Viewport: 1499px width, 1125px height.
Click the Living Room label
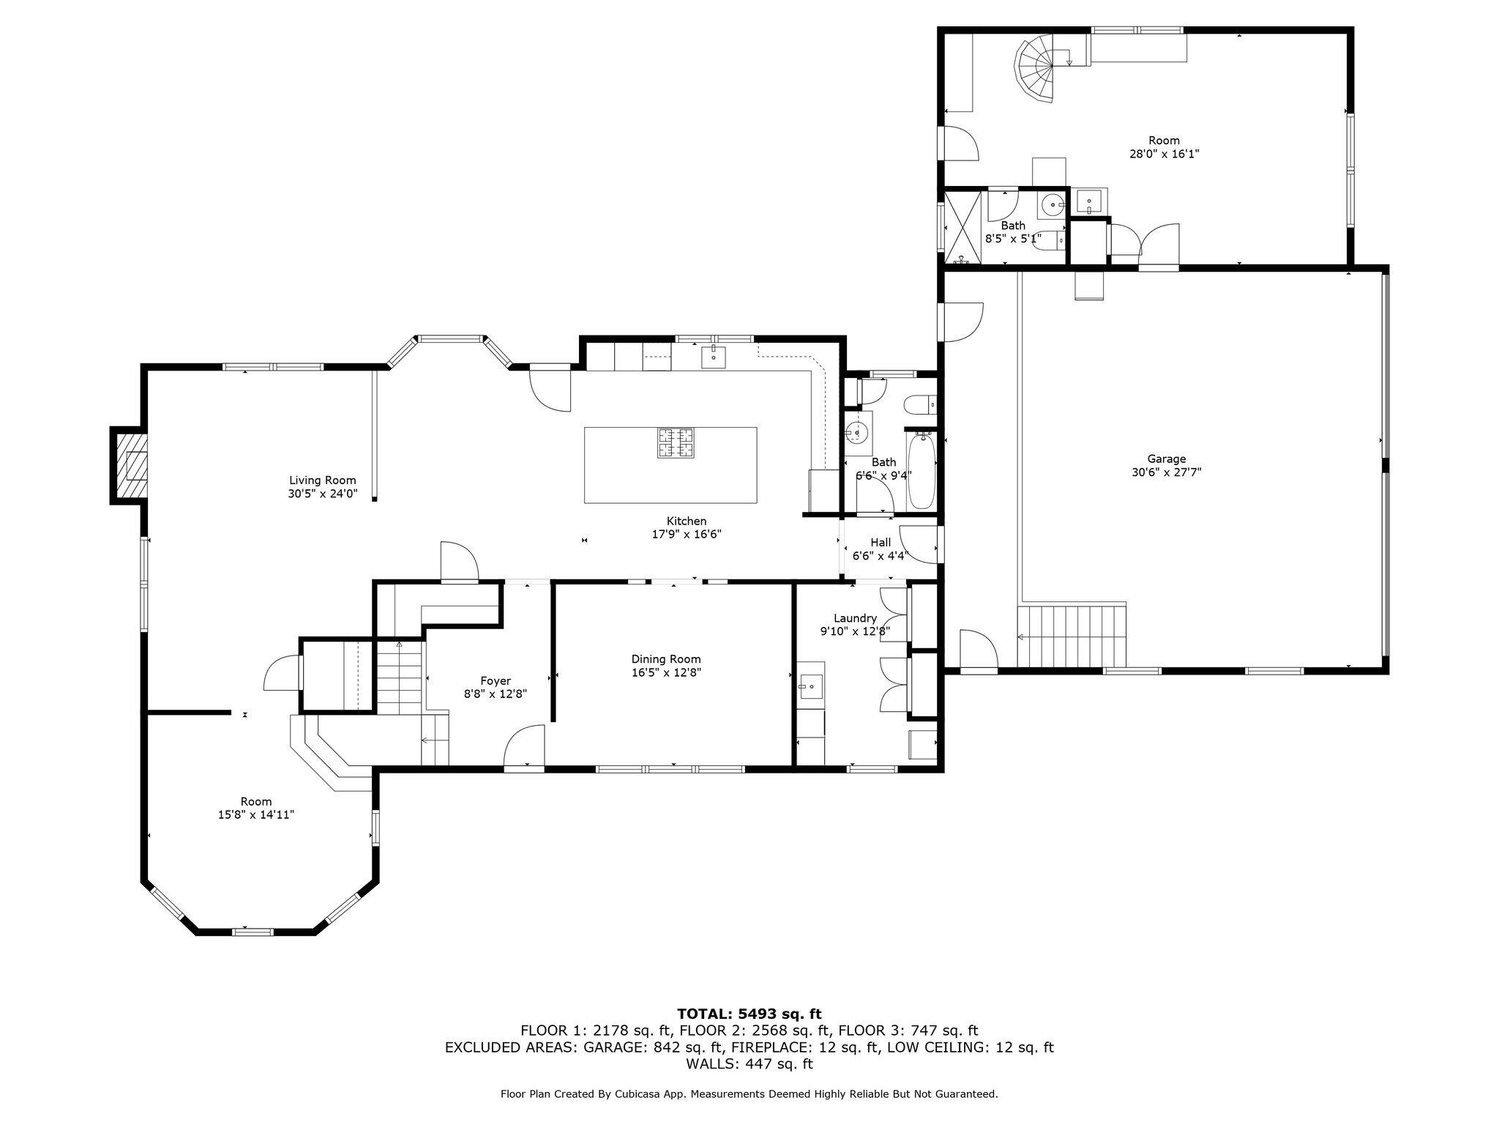click(x=322, y=480)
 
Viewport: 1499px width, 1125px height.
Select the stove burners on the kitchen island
click(x=676, y=443)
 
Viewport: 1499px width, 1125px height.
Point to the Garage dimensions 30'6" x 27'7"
click(x=1166, y=472)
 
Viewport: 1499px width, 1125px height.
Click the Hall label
click(x=881, y=542)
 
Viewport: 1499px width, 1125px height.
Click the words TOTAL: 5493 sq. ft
click(x=749, y=1014)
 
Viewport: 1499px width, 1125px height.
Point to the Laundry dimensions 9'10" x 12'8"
click(x=854, y=631)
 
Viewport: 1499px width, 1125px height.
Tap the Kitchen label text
click(x=686, y=521)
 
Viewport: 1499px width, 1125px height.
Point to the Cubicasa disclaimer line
click(x=749, y=1094)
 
